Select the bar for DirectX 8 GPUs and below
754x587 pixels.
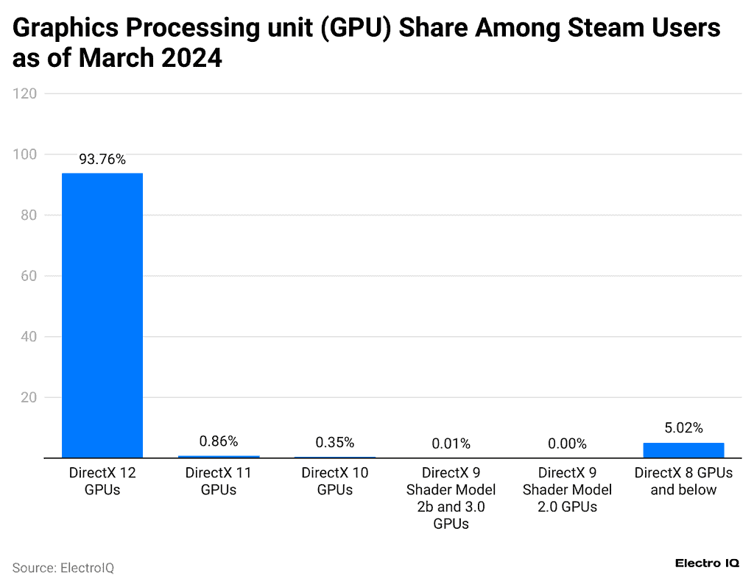pyautogui.click(x=683, y=450)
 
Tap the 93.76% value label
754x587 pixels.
pyautogui.click(x=102, y=160)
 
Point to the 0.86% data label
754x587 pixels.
pyautogui.click(x=219, y=441)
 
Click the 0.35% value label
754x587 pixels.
pyautogui.click(x=335, y=442)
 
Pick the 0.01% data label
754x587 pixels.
pyautogui.click(x=451, y=444)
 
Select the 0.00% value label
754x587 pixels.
pyautogui.click(x=567, y=444)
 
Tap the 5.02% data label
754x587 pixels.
pyautogui.click(x=683, y=427)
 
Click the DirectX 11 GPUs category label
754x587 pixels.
pyautogui.click(x=219, y=481)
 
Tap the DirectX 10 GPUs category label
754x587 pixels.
pyautogui.click(x=335, y=481)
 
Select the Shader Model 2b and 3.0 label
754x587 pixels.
pyautogui.click(x=451, y=498)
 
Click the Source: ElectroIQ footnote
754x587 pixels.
pyautogui.click(x=63, y=568)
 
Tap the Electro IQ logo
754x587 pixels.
pyautogui.click(x=706, y=563)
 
